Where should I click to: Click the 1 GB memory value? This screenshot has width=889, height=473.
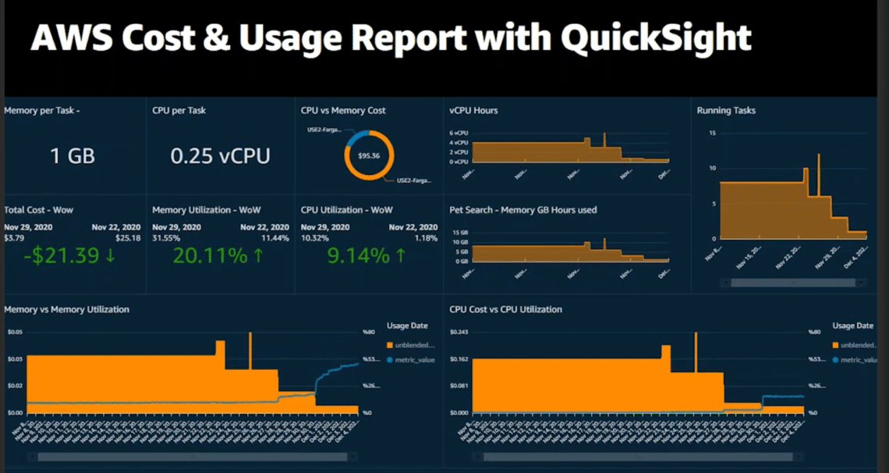point(73,156)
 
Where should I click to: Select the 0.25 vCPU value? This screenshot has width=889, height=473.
point(220,156)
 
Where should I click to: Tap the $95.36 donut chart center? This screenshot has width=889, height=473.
point(369,155)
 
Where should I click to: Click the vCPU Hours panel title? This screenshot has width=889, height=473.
point(473,111)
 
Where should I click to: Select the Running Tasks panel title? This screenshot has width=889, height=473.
point(726,111)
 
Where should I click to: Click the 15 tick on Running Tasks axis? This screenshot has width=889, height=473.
point(712,133)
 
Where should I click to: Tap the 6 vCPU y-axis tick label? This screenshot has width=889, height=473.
point(459,133)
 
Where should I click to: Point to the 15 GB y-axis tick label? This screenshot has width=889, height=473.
point(459,233)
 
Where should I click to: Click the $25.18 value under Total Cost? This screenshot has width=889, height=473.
point(128,238)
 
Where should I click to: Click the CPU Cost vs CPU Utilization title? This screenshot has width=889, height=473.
point(505,310)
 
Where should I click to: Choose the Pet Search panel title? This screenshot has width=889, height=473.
point(522,210)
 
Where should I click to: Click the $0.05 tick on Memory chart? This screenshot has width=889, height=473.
point(15,333)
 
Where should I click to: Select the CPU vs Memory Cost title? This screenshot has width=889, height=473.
point(343,111)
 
